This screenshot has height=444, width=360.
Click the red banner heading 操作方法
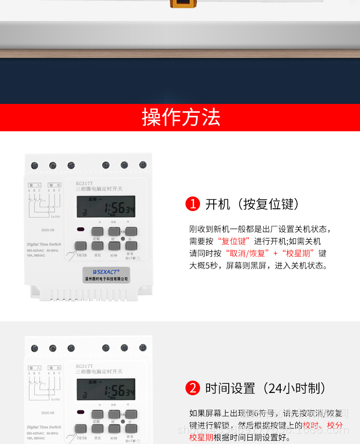181,118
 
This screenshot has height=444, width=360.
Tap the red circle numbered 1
193,204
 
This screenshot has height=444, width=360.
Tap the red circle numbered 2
193,388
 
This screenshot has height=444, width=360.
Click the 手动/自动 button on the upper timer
80,246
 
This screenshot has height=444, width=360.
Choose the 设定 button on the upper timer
98,246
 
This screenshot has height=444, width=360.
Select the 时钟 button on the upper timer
114,246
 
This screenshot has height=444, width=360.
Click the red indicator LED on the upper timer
81,230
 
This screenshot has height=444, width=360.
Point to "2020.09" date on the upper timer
47,230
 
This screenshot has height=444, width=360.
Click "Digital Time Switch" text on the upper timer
44,244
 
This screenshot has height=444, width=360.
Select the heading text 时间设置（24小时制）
265,388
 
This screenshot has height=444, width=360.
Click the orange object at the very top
180,4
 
